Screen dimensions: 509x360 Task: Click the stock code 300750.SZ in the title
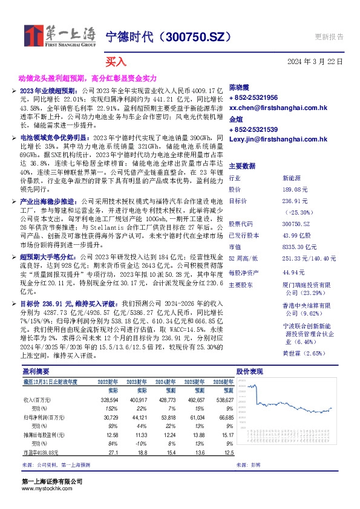coord(195,37)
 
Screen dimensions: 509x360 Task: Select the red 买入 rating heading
coord(116,62)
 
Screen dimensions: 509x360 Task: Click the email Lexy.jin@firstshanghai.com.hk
coord(278,139)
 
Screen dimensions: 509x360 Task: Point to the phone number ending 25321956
coord(254,97)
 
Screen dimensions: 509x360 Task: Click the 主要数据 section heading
coord(242,166)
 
